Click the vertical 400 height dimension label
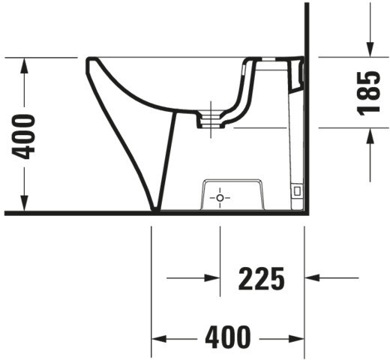coord(23,136)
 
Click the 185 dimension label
coord(368,93)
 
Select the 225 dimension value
coord(262,278)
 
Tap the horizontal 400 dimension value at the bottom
coord(228,337)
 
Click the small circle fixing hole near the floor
coord(220,198)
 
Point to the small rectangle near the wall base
coord(297,191)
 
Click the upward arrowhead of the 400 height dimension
coord(24,65)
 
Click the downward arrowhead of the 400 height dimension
coord(24,203)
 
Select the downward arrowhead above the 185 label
coord(370,49)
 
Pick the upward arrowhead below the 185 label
coord(370,136)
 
